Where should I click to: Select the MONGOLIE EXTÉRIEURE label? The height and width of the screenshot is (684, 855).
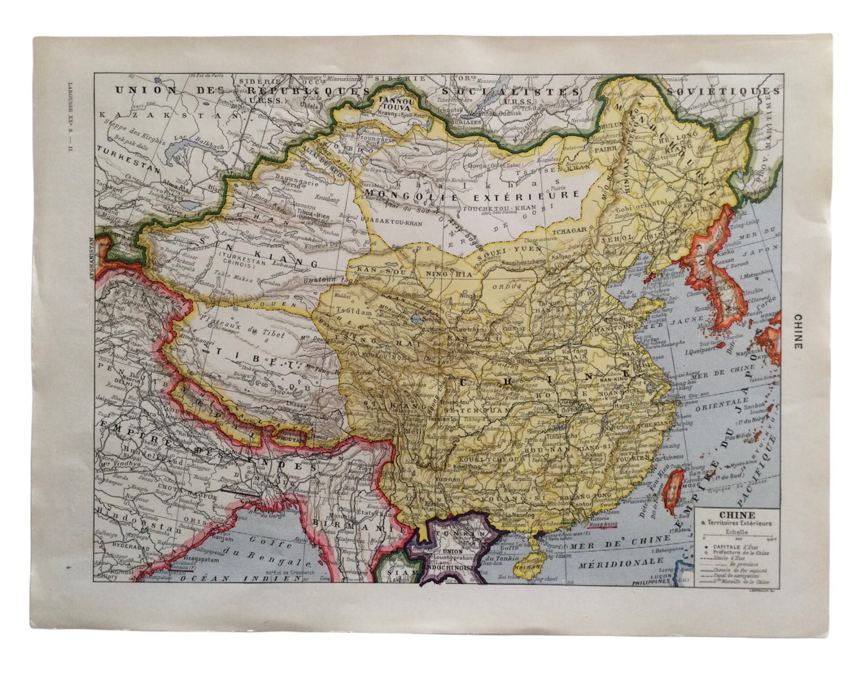[x=472, y=195]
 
